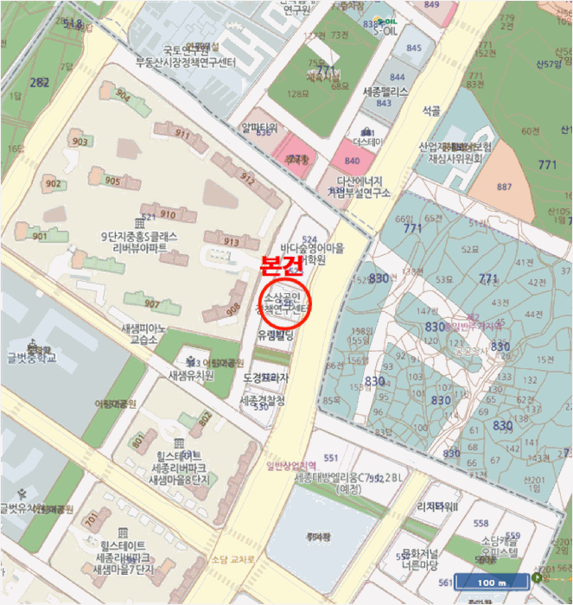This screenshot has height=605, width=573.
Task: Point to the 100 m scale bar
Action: [491, 583]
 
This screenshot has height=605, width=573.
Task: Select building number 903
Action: [80, 142]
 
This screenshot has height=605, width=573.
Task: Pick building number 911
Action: [181, 134]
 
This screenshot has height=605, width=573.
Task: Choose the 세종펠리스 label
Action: [385, 91]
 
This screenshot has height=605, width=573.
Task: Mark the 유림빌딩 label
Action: [276, 334]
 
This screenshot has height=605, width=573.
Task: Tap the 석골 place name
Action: [430, 111]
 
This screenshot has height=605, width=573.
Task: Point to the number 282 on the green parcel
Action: [39, 82]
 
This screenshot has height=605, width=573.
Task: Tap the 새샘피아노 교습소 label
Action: [143, 334]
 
